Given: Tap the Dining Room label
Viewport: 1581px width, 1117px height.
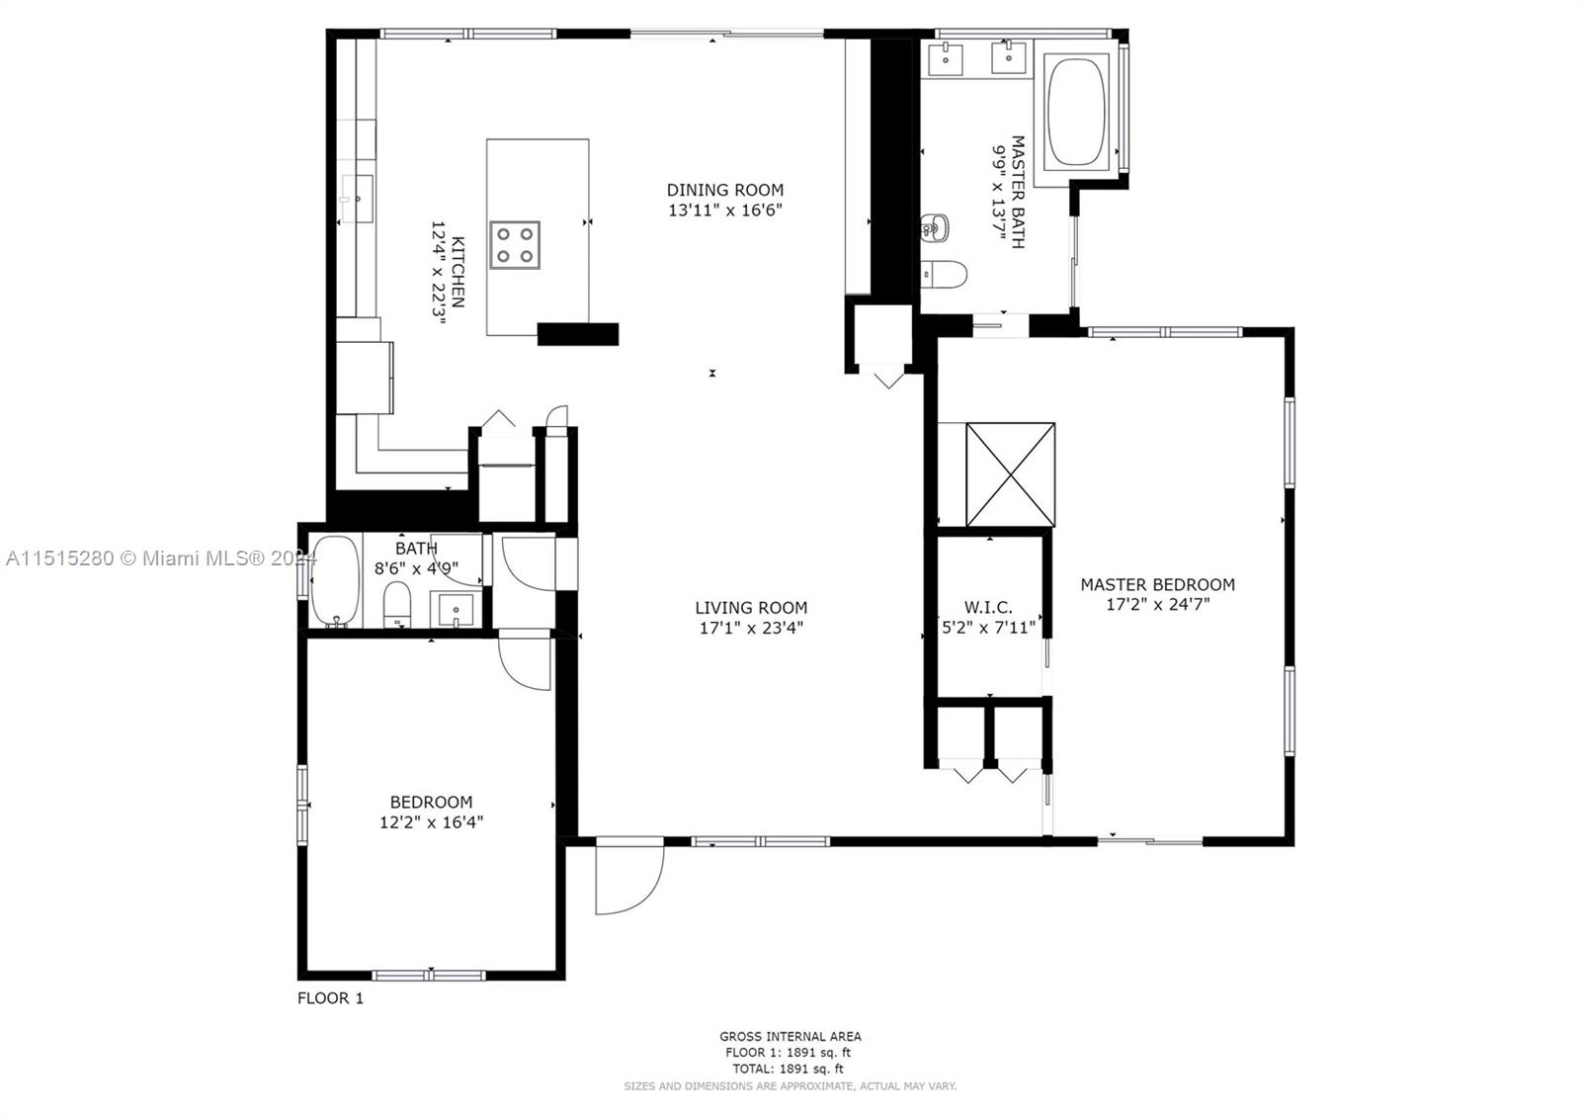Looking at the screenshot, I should (x=724, y=190).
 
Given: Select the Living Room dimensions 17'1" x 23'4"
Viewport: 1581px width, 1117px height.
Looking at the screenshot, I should (x=751, y=628).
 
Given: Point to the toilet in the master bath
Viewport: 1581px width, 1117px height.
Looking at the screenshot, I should (x=944, y=273).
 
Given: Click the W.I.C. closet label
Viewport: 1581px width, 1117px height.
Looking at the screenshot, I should (x=988, y=607).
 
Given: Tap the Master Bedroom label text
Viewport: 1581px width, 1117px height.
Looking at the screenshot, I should (x=1157, y=584).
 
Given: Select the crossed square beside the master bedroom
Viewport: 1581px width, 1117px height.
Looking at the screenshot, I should (x=1010, y=474).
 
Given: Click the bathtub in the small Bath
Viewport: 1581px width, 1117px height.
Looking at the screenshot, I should (x=335, y=582).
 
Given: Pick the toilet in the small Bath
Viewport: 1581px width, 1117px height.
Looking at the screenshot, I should (x=397, y=604).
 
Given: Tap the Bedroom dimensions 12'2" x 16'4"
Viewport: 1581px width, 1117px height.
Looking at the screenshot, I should (x=431, y=822).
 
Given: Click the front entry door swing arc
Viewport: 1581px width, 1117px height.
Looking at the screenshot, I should (x=628, y=879).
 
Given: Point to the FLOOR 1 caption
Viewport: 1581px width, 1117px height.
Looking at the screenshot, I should (x=330, y=998).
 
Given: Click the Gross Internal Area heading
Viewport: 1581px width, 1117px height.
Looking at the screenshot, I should (x=790, y=1036).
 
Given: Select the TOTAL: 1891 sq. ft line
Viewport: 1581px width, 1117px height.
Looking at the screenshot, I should (x=788, y=1069).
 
